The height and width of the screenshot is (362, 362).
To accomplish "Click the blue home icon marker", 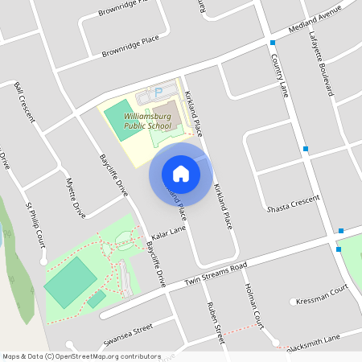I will pos(181,173).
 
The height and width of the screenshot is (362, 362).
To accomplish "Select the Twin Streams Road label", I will pos(215,275).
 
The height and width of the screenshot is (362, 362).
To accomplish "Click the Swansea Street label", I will pos(127,335).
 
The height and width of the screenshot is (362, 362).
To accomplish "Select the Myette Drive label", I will pos(76,197).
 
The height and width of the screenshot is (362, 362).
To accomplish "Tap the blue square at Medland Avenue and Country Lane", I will pos(273,43).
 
